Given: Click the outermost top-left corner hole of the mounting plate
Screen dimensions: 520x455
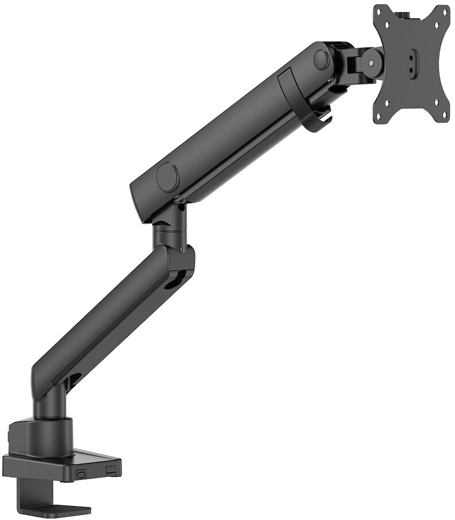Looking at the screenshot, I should pyautogui.click(x=381, y=13).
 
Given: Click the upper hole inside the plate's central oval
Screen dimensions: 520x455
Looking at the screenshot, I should pyautogui.click(x=412, y=56).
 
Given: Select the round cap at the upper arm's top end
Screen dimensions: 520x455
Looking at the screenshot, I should pyautogui.click(x=321, y=59).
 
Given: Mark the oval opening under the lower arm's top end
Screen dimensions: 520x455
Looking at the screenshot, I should pyautogui.click(x=172, y=282).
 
